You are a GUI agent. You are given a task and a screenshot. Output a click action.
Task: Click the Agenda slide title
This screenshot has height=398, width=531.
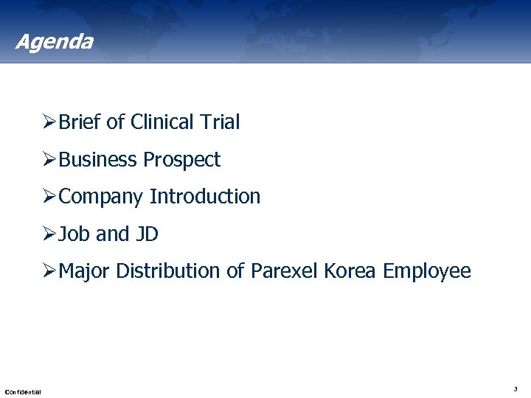coord(54,41)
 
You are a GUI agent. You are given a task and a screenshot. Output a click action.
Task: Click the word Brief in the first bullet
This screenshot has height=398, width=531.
coord(80,122)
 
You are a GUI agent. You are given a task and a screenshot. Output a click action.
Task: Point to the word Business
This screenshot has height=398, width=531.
coord(98,160)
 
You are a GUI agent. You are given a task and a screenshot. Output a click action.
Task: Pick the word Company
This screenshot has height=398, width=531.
coord(101,197)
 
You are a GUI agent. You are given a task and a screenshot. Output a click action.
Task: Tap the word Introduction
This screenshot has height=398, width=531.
coord(205,197)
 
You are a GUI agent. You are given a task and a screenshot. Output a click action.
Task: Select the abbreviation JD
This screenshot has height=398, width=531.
coord(147,234)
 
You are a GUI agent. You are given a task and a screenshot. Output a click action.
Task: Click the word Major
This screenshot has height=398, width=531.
coord(84,271)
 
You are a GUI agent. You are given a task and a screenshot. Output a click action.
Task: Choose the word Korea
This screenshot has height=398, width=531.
coord(350,271)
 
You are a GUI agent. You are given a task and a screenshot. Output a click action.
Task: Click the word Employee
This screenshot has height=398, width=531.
coord(426,271)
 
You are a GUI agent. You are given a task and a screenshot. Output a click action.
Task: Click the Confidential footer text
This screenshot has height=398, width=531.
coord(23,391)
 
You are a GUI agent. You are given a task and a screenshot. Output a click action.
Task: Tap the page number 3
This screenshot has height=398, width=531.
coord(515,388)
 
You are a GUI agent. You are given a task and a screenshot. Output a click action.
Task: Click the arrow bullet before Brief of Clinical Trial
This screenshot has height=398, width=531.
coord(49,122)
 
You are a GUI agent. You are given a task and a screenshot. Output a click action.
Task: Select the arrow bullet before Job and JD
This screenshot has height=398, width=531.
coord(49,234)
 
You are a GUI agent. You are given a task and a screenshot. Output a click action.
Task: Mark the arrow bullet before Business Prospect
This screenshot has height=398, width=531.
coord(49,160)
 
